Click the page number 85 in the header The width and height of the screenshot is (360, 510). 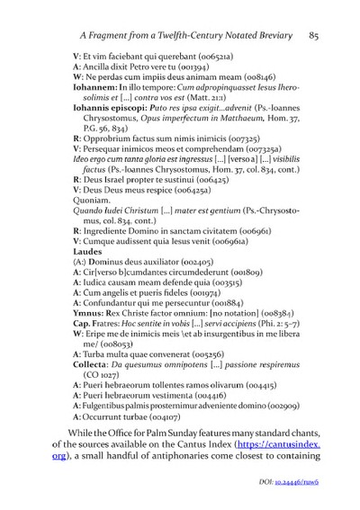tap(314, 35)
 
